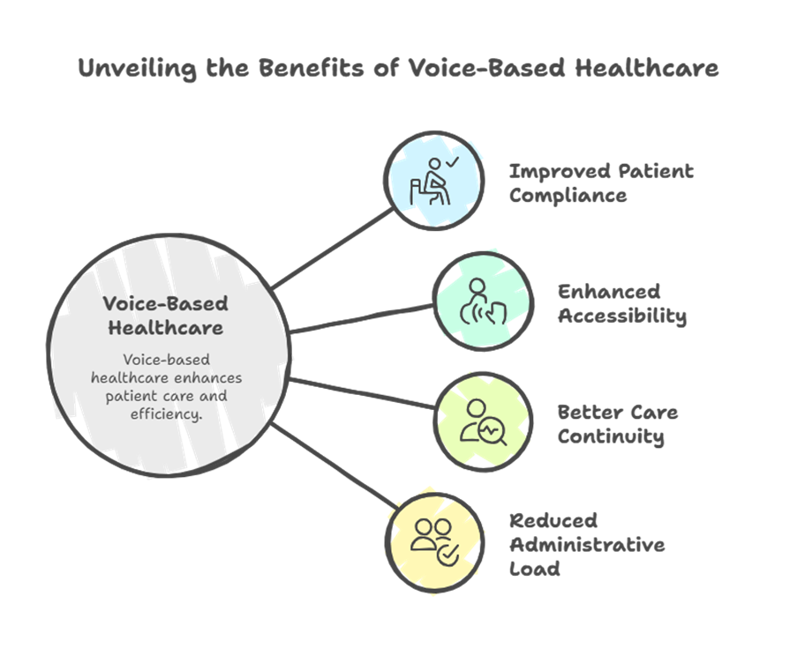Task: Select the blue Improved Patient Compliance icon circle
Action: tap(433, 181)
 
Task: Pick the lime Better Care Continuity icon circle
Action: tap(483, 421)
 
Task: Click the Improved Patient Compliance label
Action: tap(601, 183)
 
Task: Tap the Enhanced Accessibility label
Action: tap(621, 303)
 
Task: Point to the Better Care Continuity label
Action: tap(617, 423)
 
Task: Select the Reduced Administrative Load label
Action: tap(586, 544)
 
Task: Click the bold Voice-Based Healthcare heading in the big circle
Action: tap(165, 316)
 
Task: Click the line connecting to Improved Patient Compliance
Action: tap(332, 249)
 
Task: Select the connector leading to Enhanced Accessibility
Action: tap(362, 317)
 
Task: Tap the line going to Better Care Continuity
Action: tap(362, 393)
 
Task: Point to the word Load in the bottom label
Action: tap(534, 568)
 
